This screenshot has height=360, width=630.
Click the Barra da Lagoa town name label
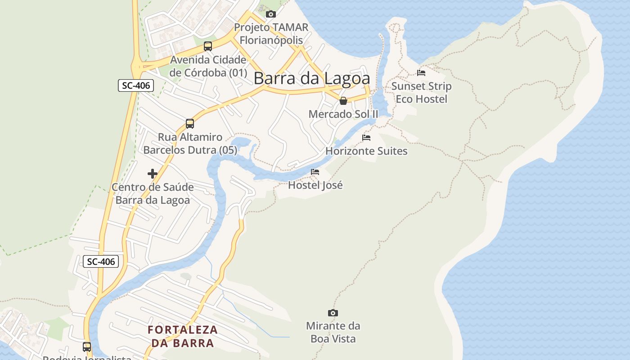pos(312,78)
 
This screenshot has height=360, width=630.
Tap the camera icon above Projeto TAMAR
pos(270,14)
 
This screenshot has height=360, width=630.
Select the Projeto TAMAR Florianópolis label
pos(271,34)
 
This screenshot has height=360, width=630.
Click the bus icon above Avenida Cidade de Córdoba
pos(208,46)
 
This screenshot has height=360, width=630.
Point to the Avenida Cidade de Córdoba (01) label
pos(208,66)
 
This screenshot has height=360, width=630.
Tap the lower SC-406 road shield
pos(101,261)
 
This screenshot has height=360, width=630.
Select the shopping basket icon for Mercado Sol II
pos(343,101)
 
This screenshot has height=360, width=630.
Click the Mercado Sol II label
pos(343,114)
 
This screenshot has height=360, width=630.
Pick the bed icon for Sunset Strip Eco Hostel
pos(421,72)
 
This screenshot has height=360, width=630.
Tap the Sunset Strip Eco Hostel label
pos(421,92)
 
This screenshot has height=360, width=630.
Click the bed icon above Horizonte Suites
pos(366,138)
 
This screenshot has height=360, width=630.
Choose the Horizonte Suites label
pos(366,151)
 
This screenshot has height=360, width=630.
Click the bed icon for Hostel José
pos(315,172)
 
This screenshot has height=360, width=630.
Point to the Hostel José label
pos(315,185)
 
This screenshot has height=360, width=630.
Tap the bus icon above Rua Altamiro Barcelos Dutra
pos(190,124)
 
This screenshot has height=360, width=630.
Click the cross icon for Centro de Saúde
pos(153,174)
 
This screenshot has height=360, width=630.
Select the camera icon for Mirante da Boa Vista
pos(333,313)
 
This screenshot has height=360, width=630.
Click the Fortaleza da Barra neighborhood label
pos(183,336)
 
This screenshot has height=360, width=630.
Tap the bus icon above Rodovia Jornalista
pos(87,347)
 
